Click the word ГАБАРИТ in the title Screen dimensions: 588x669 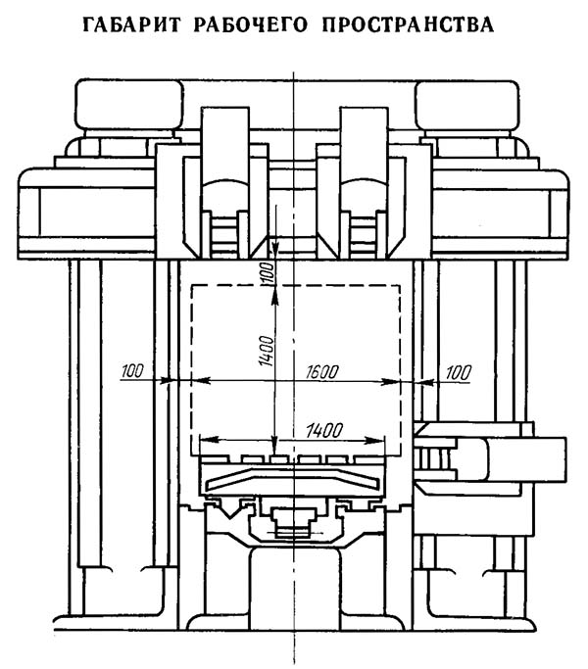pyautogui.click(x=132, y=24)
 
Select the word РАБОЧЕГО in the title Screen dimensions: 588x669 pyautogui.click(x=251, y=24)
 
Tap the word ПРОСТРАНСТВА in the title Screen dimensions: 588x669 pyautogui.click(x=409, y=24)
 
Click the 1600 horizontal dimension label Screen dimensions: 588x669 pyautogui.click(x=322, y=371)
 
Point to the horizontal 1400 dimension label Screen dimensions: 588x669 pyautogui.click(x=324, y=431)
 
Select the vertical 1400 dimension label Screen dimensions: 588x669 pyautogui.click(x=266, y=351)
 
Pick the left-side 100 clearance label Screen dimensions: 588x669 pyautogui.click(x=132, y=371)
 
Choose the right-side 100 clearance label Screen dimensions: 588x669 pyautogui.click(x=459, y=372)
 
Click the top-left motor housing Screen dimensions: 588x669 pyautogui.click(x=129, y=104)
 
